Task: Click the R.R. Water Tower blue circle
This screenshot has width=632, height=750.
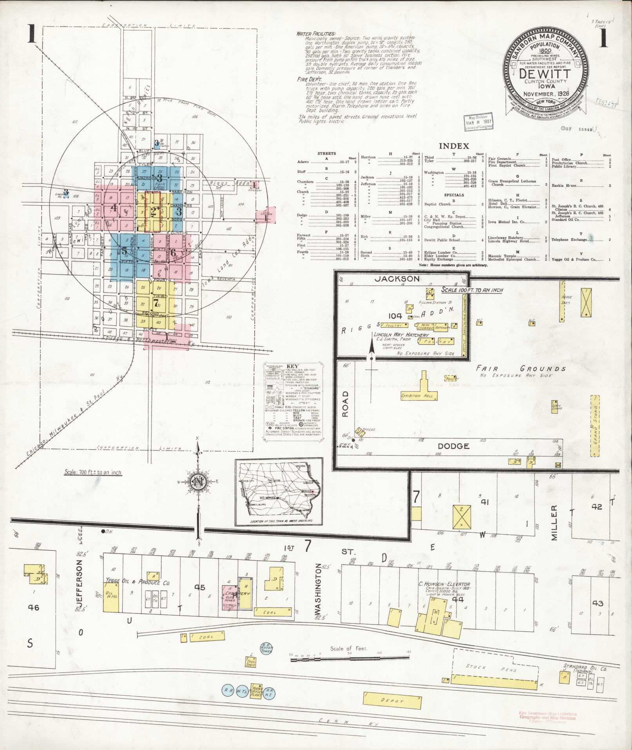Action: [267, 648]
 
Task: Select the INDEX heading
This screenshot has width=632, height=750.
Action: [454, 146]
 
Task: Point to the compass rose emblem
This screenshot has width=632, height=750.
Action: [199, 483]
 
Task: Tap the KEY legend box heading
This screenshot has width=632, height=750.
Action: [293, 366]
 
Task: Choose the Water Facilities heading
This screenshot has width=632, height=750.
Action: [316, 34]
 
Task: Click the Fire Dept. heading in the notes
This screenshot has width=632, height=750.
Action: [309, 79]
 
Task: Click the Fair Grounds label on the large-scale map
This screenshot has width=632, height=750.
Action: [521, 369]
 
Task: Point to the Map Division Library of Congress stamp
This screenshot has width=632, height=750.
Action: [478, 123]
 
